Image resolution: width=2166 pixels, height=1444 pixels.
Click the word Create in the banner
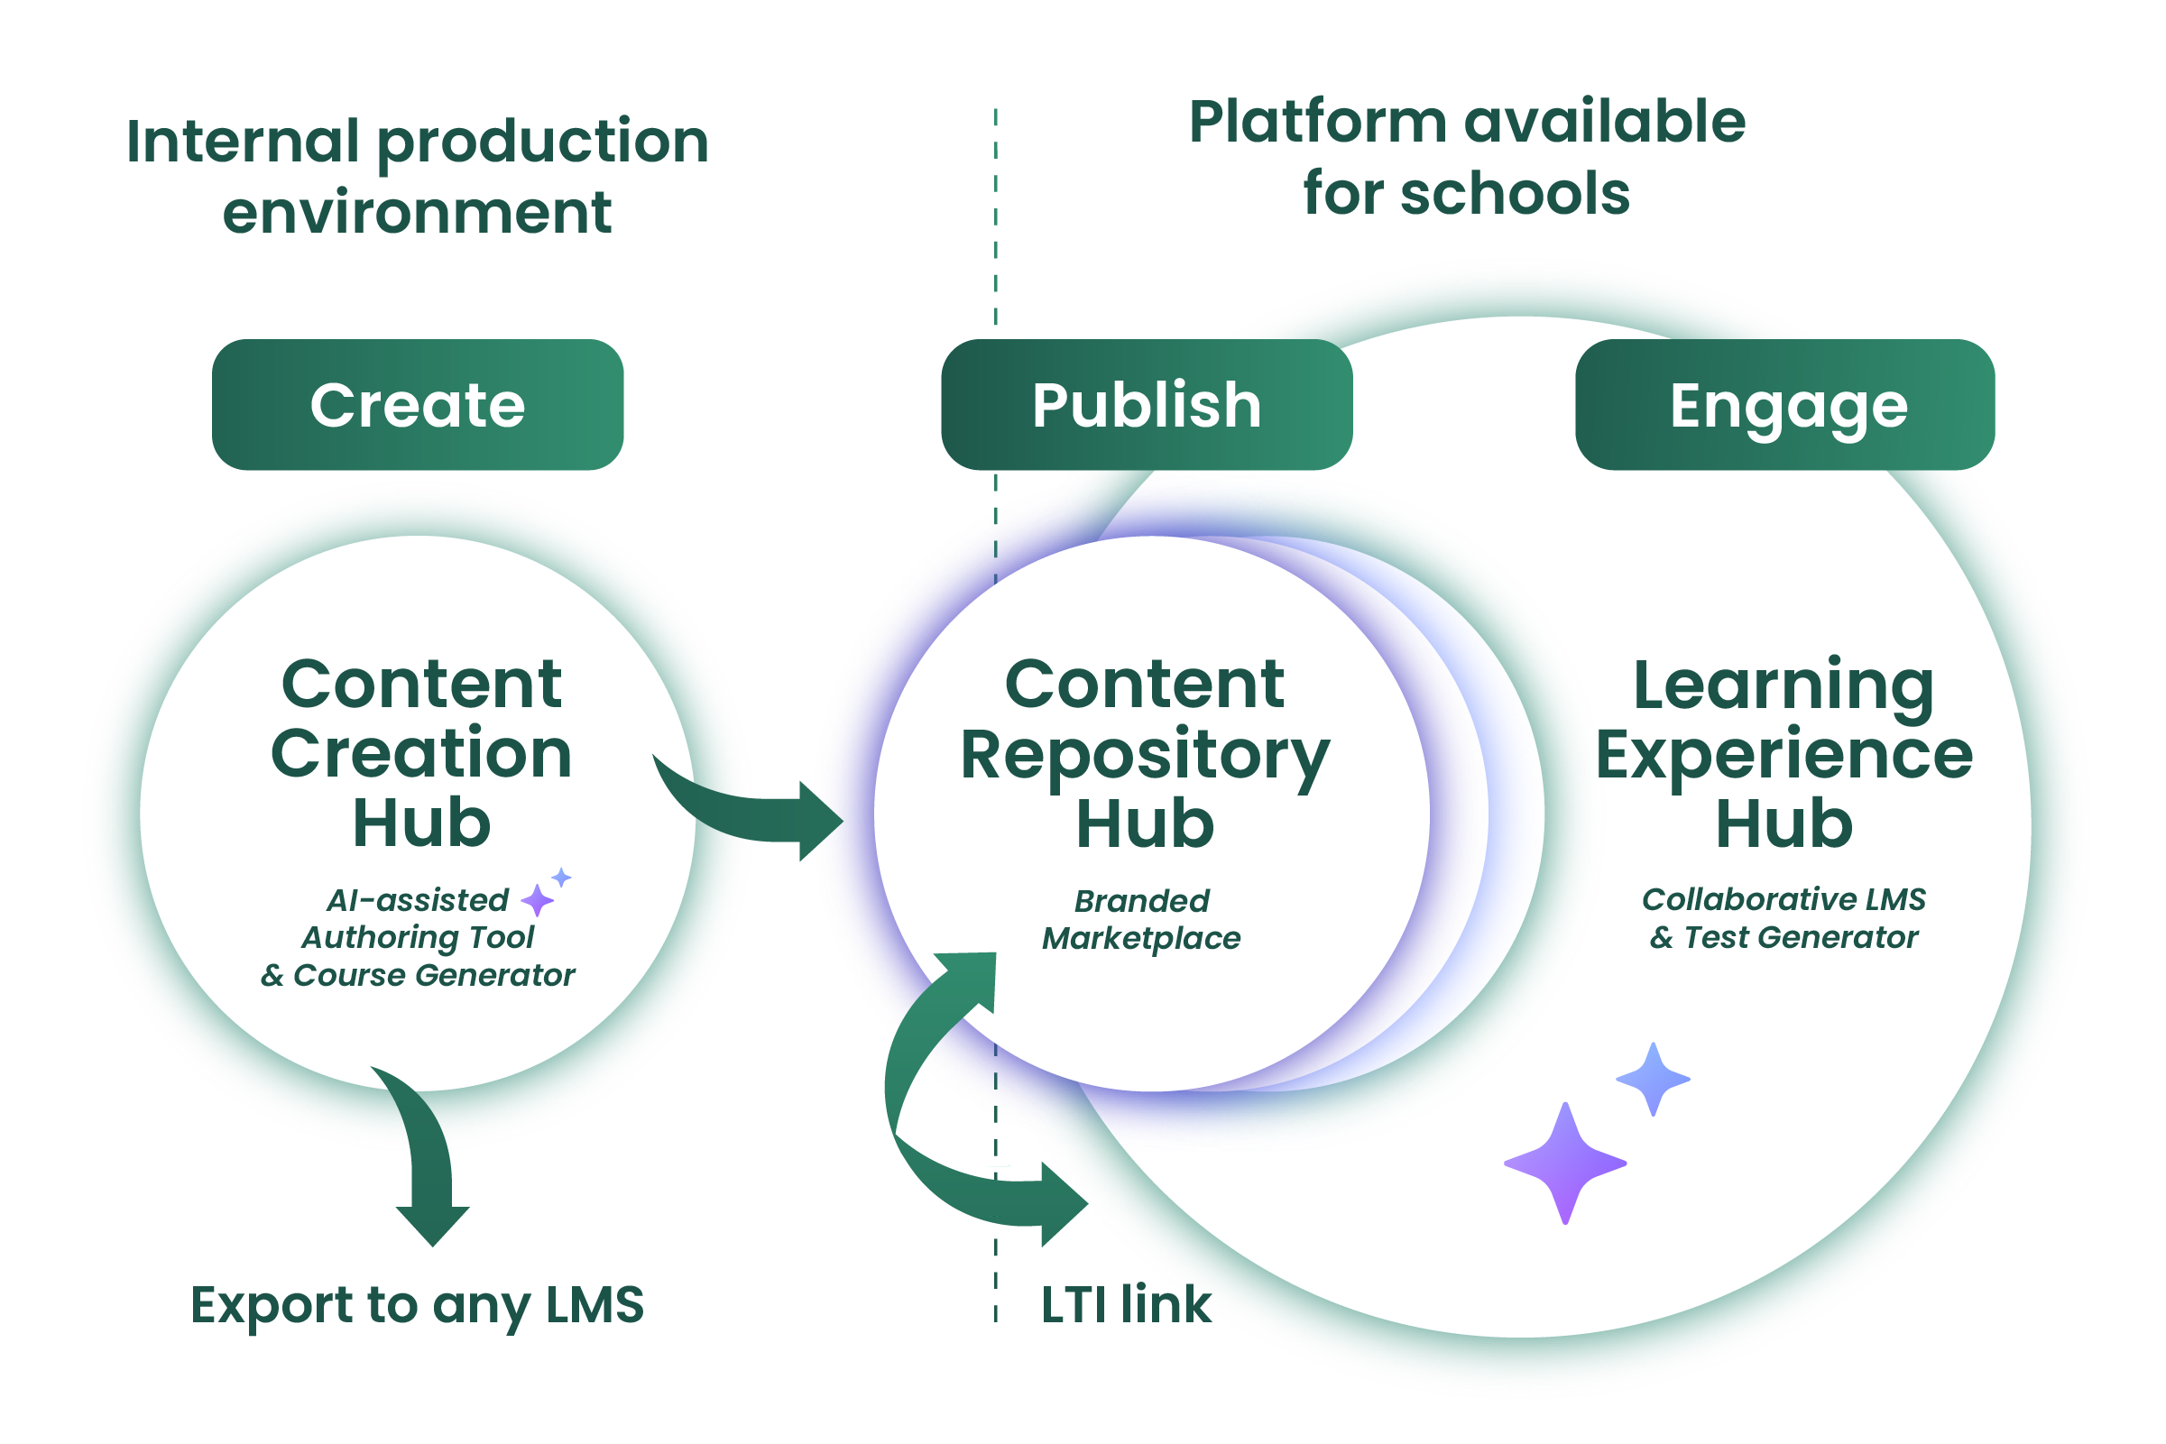click(417, 405)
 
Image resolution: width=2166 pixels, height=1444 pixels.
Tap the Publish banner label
click(1146, 405)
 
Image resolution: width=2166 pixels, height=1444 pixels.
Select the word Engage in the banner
click(1787, 407)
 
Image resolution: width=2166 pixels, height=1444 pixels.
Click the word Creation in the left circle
click(421, 753)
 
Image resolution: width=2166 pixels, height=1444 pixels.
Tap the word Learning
click(1783, 687)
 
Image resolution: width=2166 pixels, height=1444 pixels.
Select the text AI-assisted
click(417, 900)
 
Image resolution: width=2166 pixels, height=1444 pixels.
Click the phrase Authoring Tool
click(418, 937)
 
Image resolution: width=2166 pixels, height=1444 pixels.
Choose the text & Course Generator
click(417, 975)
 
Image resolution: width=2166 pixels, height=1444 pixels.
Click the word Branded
click(1142, 901)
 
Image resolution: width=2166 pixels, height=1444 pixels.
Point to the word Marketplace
click(1141, 938)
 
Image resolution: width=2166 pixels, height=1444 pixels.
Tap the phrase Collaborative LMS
click(1783, 899)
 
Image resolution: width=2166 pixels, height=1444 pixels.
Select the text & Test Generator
click(1783, 937)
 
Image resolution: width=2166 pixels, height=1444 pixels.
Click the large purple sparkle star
click(1564, 1163)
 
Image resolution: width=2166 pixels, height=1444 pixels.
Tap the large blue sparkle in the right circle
click(1653, 1079)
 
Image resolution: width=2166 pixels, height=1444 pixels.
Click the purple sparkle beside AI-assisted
click(537, 900)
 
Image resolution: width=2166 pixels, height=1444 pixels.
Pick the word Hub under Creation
click(422, 823)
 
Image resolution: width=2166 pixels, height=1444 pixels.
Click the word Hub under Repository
click(1145, 823)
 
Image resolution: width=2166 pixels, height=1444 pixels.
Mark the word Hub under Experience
click(1783, 823)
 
